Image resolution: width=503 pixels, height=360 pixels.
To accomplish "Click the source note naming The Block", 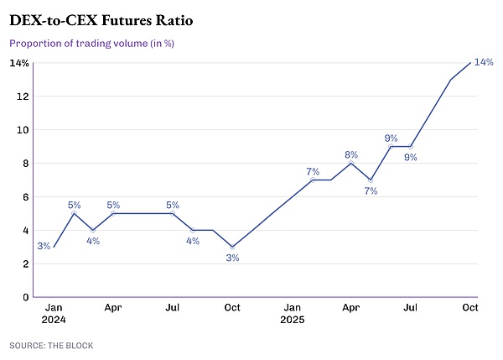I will click(51, 345).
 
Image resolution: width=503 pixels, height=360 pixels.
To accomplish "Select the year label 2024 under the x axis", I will click(54, 320).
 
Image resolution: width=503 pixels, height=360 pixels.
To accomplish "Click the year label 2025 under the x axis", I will click(293, 320).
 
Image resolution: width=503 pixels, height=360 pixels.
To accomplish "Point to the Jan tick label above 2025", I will click(293, 307).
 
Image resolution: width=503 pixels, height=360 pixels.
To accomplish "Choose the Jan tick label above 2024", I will click(52, 307).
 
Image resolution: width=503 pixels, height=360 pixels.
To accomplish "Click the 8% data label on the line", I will click(350, 154).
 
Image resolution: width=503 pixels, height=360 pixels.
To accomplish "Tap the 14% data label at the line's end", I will click(483, 62).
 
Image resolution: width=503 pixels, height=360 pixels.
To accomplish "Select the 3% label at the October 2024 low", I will click(232, 258).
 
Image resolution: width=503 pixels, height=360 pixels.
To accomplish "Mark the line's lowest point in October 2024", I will click(232, 247).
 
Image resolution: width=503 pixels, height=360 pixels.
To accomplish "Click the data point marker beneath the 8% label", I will click(350, 163).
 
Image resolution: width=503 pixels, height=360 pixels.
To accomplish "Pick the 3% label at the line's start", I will click(44, 246).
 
